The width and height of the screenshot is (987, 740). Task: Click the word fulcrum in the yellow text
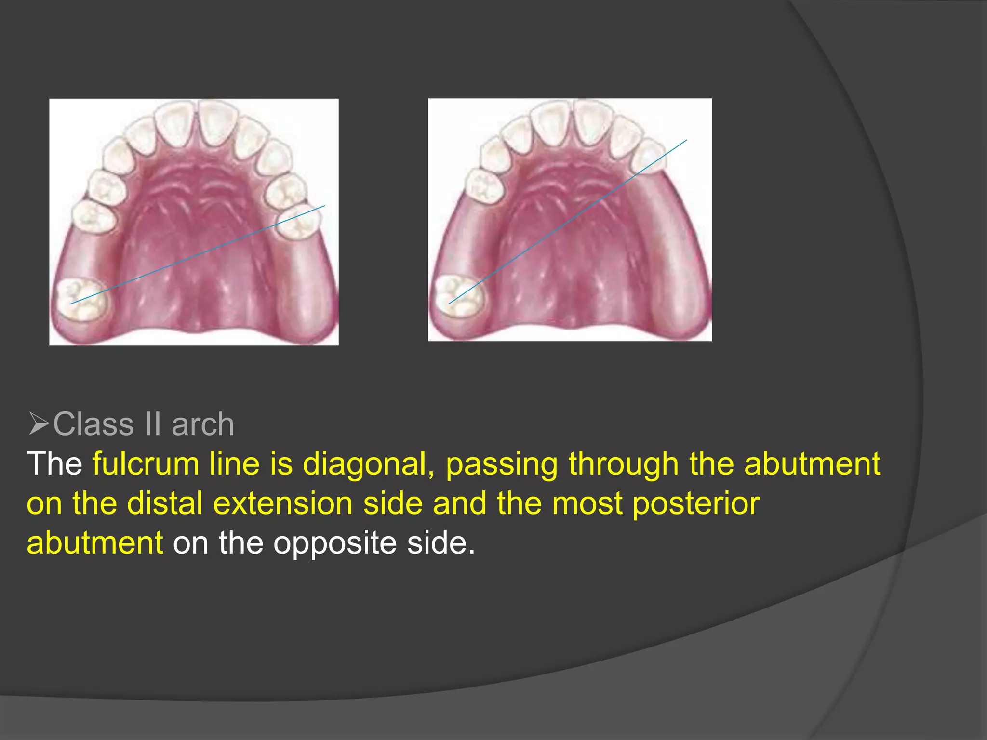[145, 464]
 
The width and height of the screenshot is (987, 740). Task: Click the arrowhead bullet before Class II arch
[39, 424]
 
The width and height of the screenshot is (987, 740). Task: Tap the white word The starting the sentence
[54, 464]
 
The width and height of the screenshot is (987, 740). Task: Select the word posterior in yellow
[695, 504]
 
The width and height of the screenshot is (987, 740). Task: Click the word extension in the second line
[283, 504]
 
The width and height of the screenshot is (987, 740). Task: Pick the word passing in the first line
[501, 464]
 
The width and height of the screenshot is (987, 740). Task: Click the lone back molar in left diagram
[82, 299]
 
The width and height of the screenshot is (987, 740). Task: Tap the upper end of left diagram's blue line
[324, 206]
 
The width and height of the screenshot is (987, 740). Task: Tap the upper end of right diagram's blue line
[686, 141]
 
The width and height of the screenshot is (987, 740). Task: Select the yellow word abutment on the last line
[95, 543]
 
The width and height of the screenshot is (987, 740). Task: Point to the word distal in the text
[165, 504]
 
